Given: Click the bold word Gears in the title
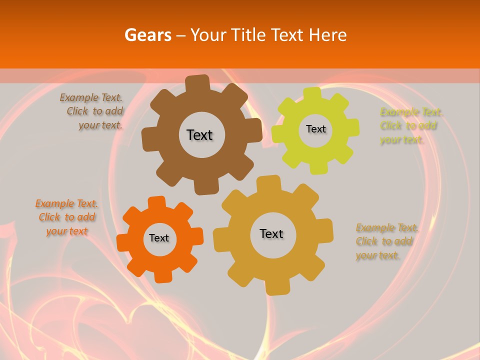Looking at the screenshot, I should tap(147, 35).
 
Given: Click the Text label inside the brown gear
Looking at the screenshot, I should tap(199, 135).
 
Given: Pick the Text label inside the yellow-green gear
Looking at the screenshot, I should tap(315, 129).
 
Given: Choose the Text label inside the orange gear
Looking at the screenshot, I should tap(159, 238).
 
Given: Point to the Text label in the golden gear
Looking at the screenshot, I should tap(271, 233).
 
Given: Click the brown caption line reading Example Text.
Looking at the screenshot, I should tap(91, 97).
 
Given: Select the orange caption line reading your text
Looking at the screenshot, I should tap(67, 231).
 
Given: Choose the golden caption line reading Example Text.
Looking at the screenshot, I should tap(387, 228).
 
